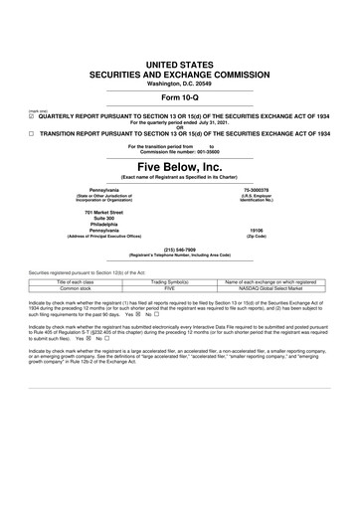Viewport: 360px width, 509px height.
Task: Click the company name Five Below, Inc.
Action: point(180,166)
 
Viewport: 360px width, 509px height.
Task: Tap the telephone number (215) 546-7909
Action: point(180,250)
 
